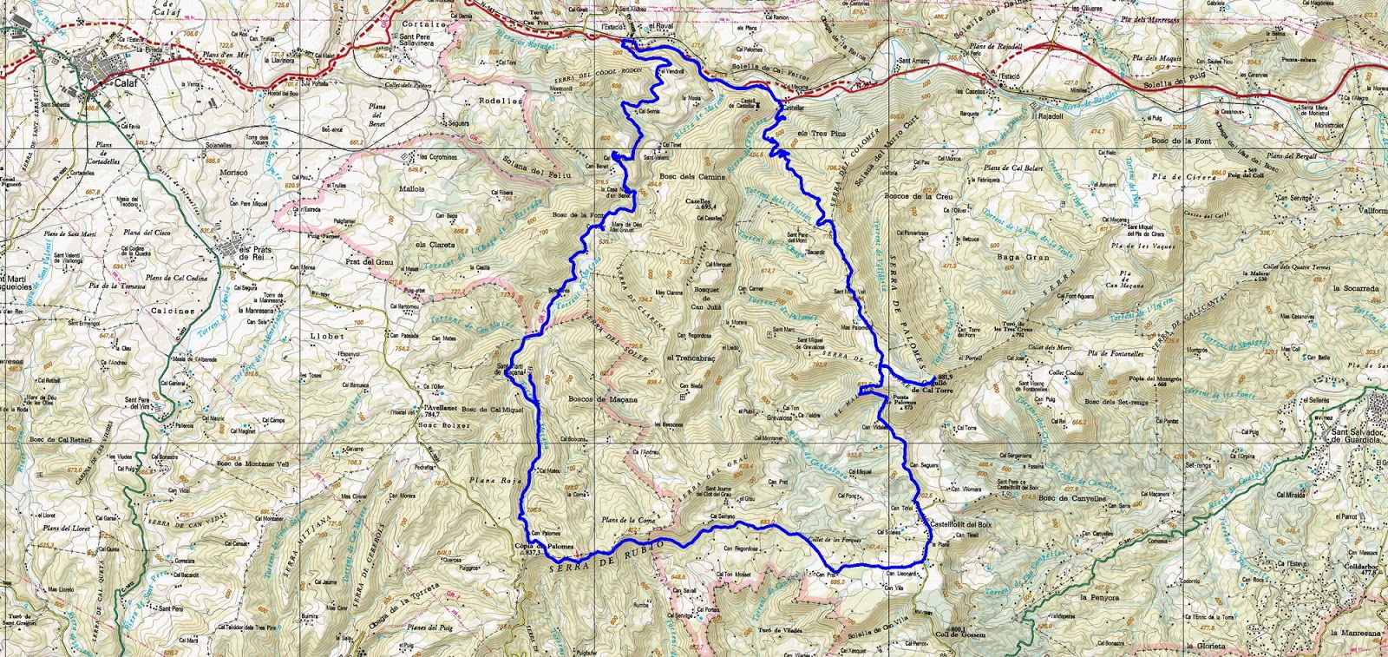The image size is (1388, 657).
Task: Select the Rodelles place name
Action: (x=501, y=101)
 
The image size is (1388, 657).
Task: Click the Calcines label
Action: (x=173, y=310)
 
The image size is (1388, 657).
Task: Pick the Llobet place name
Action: (x=327, y=336)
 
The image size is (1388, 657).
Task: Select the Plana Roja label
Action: (x=493, y=480)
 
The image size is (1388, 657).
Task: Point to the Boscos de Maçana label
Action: (x=602, y=399)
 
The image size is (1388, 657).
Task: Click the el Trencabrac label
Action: (x=691, y=358)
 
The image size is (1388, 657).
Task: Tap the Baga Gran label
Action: (x=1024, y=258)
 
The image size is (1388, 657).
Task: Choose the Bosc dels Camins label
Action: (x=691, y=177)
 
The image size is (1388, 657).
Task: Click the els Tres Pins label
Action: (x=820, y=134)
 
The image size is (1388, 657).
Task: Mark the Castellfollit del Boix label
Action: (x=960, y=524)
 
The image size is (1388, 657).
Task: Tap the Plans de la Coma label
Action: (x=628, y=520)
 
